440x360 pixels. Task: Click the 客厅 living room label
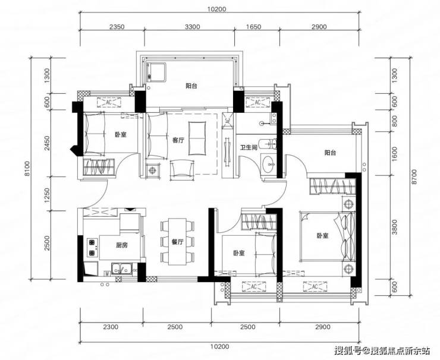pos(178,140)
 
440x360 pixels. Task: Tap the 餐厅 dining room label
pos(177,242)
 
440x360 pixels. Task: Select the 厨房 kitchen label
pos(122,245)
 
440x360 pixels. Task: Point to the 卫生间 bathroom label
pos(249,147)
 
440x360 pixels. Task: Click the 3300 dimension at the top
pos(193,27)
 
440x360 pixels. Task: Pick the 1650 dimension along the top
pos(253,27)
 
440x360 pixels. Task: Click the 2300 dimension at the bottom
pos(111,327)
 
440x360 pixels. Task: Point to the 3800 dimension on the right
pos(394,227)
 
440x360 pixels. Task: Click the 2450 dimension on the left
pos(47,143)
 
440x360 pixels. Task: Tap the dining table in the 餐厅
pos(177,242)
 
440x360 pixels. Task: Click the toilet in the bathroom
pos(268,144)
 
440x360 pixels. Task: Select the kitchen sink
pos(122,269)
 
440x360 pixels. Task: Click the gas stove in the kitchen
pos(92,248)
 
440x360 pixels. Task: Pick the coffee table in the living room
pos(197,138)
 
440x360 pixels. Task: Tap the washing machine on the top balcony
pos(156,72)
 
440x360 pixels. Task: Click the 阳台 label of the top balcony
pos(191,86)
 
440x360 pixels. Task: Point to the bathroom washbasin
pos(269,163)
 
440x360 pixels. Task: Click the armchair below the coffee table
pos(182,170)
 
